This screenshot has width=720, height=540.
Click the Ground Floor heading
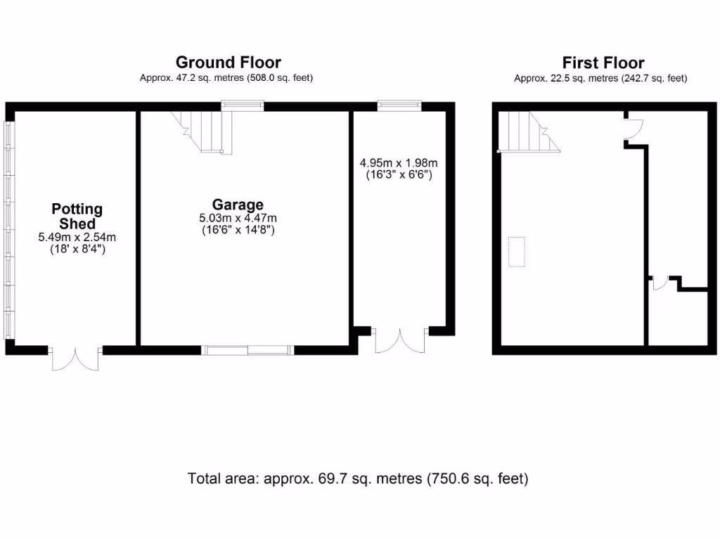228,63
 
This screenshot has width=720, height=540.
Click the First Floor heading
603,63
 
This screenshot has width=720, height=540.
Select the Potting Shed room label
77,216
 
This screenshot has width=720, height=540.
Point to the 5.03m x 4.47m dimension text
238,218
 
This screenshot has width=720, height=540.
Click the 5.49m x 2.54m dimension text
77,238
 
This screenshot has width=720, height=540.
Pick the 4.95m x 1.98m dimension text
398,162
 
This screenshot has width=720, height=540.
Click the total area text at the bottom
358,479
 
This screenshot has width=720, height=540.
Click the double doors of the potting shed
75,356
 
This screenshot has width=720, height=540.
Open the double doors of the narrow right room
400,340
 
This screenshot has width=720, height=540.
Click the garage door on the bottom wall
247,349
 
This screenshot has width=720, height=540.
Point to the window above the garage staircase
243,107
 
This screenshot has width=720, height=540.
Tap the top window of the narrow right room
399,107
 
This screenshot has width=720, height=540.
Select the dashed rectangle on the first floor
518,252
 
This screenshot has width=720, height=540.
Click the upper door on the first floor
634,129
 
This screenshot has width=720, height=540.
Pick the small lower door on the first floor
660,283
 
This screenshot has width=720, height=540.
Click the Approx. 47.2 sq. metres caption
226,78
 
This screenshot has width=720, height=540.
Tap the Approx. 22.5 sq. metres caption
600,78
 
